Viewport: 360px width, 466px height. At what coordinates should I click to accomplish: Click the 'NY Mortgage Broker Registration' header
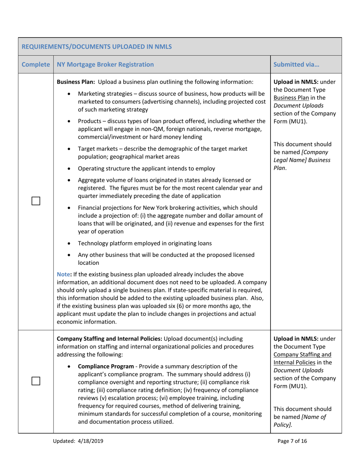[105, 64]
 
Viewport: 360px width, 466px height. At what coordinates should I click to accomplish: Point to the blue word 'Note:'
[64, 274]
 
